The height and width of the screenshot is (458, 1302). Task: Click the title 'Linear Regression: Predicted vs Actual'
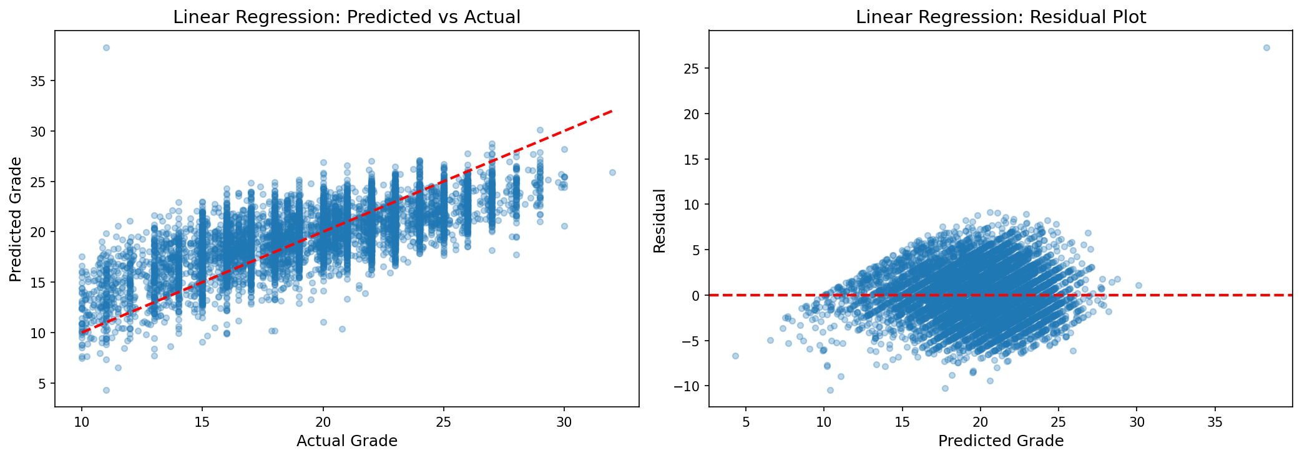click(x=346, y=17)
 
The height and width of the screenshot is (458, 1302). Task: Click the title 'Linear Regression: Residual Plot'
click(x=1001, y=17)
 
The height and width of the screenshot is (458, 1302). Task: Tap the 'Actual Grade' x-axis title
click(x=346, y=441)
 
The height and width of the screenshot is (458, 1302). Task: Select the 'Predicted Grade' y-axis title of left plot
click(x=16, y=219)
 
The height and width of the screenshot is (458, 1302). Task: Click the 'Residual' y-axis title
click(x=660, y=221)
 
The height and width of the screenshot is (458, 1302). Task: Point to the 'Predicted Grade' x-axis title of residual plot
click(x=1001, y=441)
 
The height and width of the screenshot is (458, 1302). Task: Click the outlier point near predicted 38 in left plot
click(x=106, y=47)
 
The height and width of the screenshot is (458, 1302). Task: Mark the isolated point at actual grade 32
click(x=612, y=172)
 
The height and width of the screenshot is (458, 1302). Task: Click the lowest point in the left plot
click(x=106, y=390)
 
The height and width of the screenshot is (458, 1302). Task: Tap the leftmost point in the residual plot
click(x=735, y=356)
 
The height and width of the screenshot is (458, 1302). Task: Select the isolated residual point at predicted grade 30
click(x=1138, y=285)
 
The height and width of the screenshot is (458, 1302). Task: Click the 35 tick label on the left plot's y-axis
click(x=39, y=81)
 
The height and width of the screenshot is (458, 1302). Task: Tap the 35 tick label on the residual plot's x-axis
click(x=1215, y=422)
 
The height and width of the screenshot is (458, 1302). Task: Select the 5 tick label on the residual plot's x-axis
click(x=746, y=422)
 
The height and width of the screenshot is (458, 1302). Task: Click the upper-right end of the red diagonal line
click(x=612, y=111)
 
